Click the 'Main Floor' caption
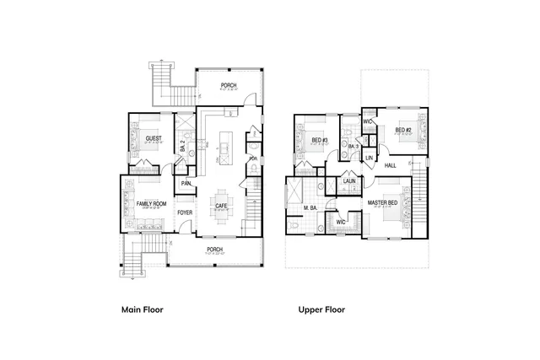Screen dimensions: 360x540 pos(142,309)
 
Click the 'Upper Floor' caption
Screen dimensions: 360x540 pos(321,309)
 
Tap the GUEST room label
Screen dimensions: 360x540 pos(154,138)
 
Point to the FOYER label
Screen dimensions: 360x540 pos(185,212)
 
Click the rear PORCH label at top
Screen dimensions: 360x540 pos(229,85)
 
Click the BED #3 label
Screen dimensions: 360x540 pos(319,140)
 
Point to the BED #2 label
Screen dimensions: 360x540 pos(402,130)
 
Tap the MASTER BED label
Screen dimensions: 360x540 pos(382,203)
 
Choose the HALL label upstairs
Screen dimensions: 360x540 pos(391,165)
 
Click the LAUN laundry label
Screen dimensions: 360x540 pos(349,180)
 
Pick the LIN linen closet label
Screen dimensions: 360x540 pos(369,158)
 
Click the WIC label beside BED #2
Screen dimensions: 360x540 pos(368,122)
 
